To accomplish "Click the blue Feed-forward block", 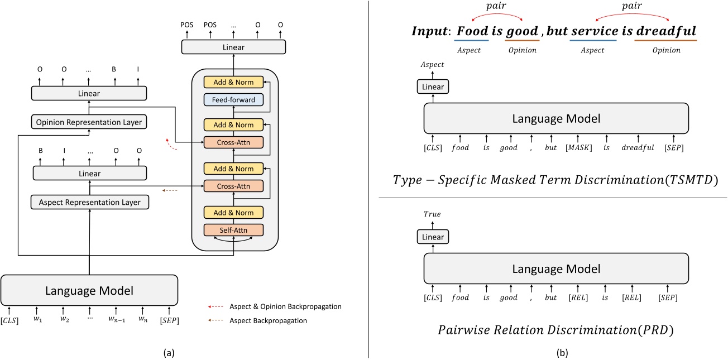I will (233, 100).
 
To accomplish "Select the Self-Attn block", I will (233, 229).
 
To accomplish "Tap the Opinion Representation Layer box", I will (89, 122).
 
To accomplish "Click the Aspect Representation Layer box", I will (89, 202).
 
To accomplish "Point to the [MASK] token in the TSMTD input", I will (574, 148).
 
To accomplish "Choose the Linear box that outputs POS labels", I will (233, 47).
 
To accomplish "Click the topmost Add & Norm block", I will (233, 82).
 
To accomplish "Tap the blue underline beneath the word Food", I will (472, 40).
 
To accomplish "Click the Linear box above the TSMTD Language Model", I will (433, 87).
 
